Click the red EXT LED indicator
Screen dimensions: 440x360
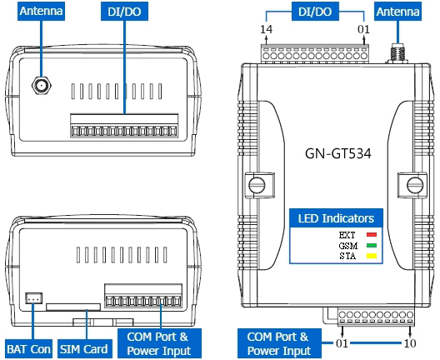(x=372, y=234)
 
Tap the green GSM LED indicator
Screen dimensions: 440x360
(x=372, y=246)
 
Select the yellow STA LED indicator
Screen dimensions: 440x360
(x=372, y=256)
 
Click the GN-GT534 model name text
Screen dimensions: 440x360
(x=337, y=153)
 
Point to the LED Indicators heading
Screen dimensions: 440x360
(x=336, y=218)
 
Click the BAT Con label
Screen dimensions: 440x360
(x=28, y=349)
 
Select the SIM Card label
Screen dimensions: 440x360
(x=84, y=349)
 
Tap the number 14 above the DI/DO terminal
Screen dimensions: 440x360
(x=267, y=29)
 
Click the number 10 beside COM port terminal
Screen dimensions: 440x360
(x=410, y=342)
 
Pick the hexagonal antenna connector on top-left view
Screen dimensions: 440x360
(x=42, y=85)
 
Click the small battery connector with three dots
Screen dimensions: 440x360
(x=34, y=298)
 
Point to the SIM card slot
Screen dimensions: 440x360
(x=73, y=307)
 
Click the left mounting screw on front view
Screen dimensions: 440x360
(x=257, y=185)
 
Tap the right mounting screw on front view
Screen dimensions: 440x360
(x=415, y=185)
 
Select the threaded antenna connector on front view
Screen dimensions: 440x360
(x=397, y=53)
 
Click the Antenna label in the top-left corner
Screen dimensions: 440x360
(x=42, y=11)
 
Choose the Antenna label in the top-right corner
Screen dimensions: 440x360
(x=397, y=12)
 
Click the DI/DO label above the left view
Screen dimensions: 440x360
(x=125, y=12)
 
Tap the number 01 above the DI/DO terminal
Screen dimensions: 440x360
(x=363, y=29)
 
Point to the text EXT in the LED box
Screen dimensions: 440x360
(x=347, y=235)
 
